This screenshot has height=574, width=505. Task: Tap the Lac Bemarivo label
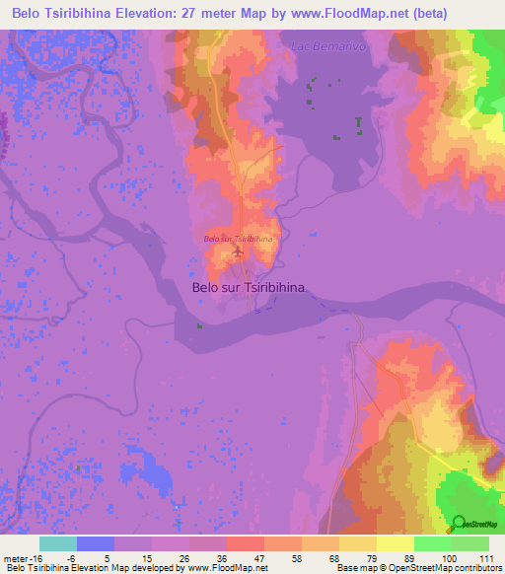[x=323, y=45]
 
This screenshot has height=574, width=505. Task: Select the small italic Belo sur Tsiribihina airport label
[x=238, y=239]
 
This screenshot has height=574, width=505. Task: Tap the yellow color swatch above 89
[x=396, y=543]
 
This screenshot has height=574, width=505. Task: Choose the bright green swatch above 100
[x=433, y=543]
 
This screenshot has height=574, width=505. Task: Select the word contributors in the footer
[x=478, y=569]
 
